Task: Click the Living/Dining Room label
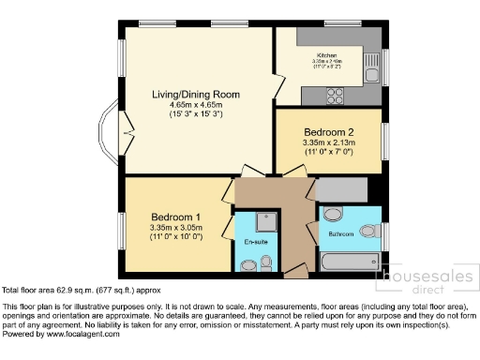197,95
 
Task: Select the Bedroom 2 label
328,131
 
